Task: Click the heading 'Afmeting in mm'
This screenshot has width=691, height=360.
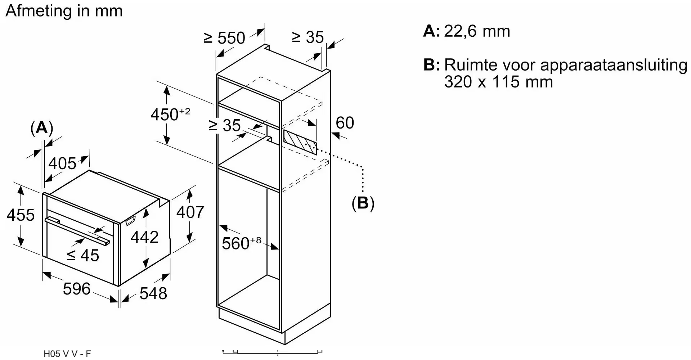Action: point(64,11)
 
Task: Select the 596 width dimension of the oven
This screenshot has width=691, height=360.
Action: point(76,289)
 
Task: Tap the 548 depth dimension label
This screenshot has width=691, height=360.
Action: point(153,293)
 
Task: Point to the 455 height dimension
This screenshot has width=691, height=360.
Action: point(21,215)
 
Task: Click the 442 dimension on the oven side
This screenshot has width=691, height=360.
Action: point(144,237)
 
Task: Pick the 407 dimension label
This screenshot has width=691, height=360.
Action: point(190,212)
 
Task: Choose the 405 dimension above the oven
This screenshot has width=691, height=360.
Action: point(62,163)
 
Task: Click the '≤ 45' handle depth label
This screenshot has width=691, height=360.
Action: point(83,256)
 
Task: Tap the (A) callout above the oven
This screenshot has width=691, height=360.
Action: point(42,128)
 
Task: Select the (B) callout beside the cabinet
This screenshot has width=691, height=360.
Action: point(363,203)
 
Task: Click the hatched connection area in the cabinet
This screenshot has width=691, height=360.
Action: point(300,142)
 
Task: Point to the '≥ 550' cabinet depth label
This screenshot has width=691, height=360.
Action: point(224,38)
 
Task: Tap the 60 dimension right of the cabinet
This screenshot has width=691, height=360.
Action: point(345,123)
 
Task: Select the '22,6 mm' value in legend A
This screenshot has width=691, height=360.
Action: point(477,31)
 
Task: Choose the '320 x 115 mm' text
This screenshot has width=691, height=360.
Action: point(498,82)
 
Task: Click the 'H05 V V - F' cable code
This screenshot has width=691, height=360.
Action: point(67,354)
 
